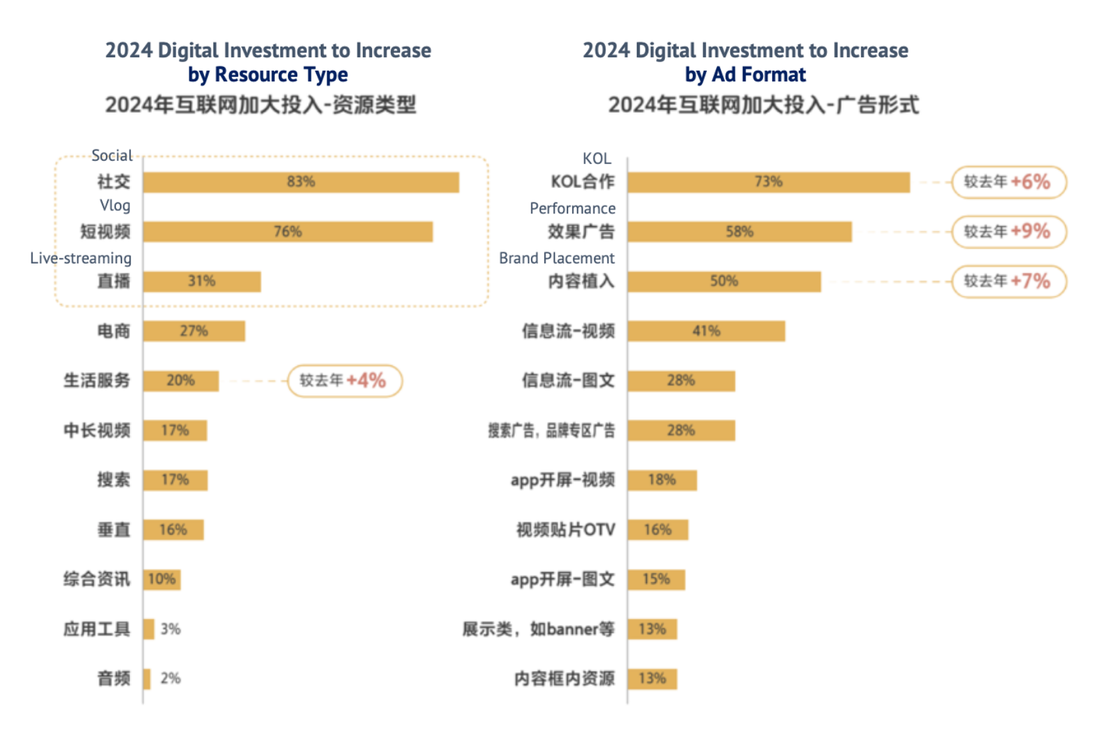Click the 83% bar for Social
301,182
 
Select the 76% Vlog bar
287,231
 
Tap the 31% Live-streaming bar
201,281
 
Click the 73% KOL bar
768,182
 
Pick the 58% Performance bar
739,231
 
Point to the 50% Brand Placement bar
724,281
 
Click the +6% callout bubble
1008,182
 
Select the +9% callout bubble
1008,231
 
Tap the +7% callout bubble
1008,281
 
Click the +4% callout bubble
344,381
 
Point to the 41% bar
706,331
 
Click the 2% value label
171,678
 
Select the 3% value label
171,629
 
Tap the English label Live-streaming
81,258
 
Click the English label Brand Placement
557,258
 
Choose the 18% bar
662,480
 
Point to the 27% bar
193,331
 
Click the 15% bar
656,579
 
